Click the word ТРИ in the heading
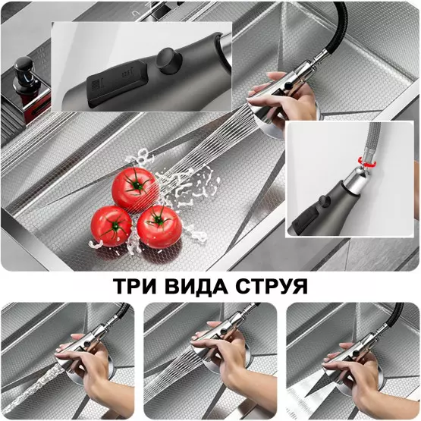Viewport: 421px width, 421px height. coord(134,286)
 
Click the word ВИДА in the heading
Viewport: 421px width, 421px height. coord(196,287)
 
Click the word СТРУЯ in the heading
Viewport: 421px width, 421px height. coord(272,286)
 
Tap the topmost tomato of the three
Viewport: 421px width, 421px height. coord(135,190)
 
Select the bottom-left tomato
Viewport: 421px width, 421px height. coord(112,226)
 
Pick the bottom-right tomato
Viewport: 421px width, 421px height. coord(159,227)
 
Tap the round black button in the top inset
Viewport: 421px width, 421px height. coord(169,61)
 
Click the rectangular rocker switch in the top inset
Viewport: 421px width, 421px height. coord(117,82)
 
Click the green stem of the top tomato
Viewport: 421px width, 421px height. coord(137,185)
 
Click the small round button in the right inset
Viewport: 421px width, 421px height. coord(323,201)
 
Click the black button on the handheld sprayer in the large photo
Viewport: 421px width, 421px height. coord(288,86)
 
